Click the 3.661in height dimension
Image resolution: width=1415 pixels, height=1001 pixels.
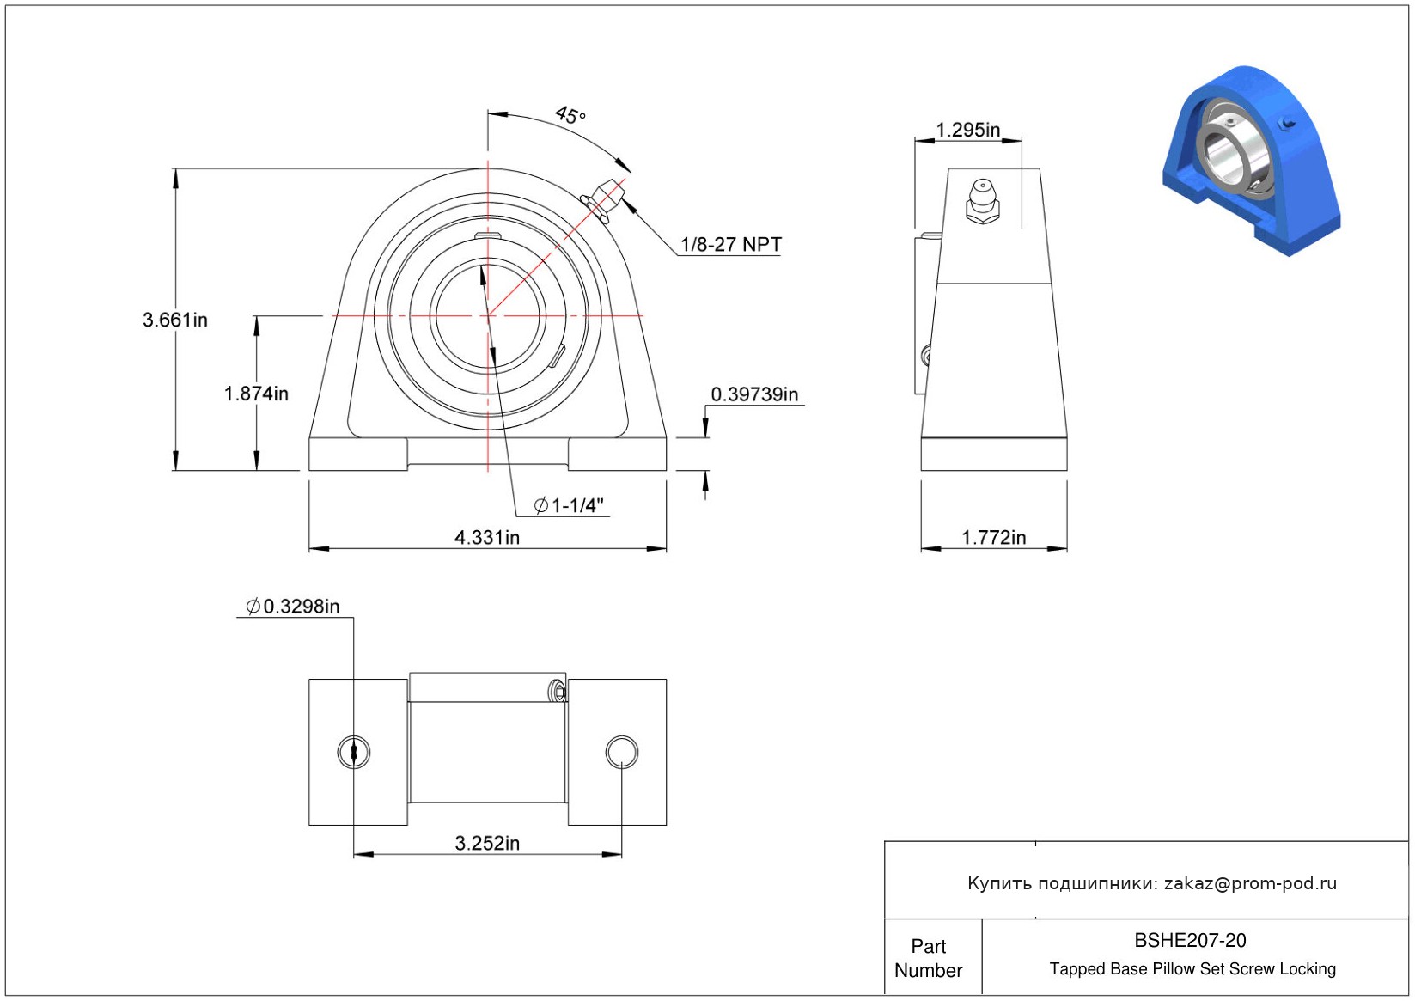tap(175, 320)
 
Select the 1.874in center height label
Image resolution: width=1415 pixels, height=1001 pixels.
tap(256, 394)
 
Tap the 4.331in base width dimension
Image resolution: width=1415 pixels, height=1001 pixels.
tap(487, 538)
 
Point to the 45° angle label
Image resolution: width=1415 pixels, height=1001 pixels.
tap(570, 115)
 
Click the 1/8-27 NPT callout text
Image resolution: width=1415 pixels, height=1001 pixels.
tap(731, 245)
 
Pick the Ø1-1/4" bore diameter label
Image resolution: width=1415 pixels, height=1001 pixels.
tap(569, 505)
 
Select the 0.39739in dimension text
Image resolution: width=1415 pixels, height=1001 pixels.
tap(754, 394)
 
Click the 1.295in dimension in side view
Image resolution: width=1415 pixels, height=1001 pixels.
tap(967, 131)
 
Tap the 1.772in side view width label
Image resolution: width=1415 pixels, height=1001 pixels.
tap(994, 538)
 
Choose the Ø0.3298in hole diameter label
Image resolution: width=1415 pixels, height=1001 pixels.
tap(292, 607)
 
